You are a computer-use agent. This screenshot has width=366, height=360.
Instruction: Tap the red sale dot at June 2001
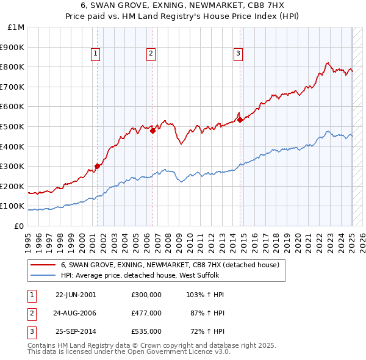coord(97,166)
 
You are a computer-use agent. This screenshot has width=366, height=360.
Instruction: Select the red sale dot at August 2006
coord(152,131)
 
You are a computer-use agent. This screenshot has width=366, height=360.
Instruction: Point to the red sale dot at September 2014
coord(240,120)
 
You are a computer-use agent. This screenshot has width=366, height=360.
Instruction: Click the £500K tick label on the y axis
coord(13,126)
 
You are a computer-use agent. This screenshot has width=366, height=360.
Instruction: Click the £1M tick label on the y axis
coord(16,27)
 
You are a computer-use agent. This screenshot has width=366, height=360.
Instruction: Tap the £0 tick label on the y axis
coord(20,226)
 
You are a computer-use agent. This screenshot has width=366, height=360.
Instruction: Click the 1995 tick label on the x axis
coord(28,238)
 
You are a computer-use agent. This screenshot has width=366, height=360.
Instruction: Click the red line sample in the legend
coord(43,264)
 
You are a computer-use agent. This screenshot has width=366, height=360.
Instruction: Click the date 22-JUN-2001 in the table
coord(76,294)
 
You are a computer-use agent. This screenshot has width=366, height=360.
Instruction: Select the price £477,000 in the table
coord(146,313)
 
